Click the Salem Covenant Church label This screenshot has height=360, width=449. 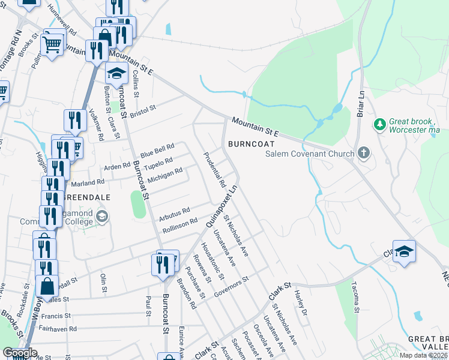310,154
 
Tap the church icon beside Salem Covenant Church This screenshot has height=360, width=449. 363,153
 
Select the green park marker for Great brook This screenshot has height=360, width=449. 379,124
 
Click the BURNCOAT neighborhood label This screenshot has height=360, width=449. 251,144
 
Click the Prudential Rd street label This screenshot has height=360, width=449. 214,167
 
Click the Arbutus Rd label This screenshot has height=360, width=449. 175,212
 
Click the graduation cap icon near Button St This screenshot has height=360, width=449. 116,74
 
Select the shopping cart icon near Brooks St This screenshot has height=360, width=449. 52,43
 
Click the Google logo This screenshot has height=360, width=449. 20,353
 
